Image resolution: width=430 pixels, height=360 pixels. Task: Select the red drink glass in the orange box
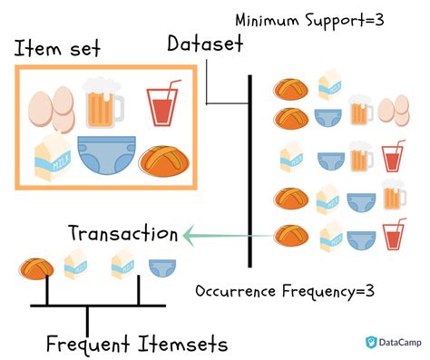coord(162,104)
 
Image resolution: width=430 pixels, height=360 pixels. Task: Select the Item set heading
coord(58,48)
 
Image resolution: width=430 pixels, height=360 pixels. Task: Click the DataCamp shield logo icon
coord(370,342)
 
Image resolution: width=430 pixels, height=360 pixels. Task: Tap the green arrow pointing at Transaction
coord(227,238)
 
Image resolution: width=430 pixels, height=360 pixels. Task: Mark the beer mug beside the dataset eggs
coord(361,111)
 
